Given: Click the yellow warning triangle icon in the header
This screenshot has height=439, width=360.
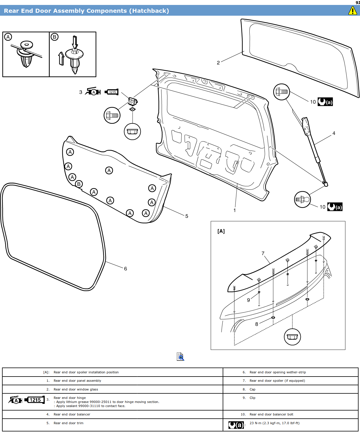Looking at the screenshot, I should [352, 11].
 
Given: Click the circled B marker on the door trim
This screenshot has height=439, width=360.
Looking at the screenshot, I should [79, 184].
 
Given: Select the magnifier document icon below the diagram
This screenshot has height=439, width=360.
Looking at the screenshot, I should [180, 356].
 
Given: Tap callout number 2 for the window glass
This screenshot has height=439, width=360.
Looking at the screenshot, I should [218, 63].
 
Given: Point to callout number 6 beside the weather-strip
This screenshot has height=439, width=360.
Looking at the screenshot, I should [125, 269].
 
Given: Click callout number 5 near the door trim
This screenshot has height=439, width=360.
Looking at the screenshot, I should [187, 216].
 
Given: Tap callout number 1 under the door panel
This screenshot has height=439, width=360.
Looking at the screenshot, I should [235, 210].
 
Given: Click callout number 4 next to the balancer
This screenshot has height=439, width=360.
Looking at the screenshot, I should [334, 133].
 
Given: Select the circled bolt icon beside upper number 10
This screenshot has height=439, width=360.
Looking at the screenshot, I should [282, 92].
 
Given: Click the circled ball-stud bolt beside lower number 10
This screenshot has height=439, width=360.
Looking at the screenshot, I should [302, 199].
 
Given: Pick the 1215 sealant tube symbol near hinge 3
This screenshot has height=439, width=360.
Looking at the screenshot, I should [112, 92].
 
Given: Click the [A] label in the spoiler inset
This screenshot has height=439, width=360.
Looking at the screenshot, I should [221, 231].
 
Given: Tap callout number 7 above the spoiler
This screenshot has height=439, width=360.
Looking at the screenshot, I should [263, 253].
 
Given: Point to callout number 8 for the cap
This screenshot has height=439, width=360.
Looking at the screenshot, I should [257, 324].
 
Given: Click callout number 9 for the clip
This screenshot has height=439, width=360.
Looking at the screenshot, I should [249, 300].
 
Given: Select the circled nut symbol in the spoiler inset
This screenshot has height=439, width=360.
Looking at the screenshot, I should [292, 337].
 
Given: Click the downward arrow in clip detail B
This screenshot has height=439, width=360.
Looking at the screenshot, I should [75, 42].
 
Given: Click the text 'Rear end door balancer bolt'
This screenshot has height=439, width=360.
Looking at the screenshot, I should [271, 414].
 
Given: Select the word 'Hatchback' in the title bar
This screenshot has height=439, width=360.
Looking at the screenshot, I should [149, 11].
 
